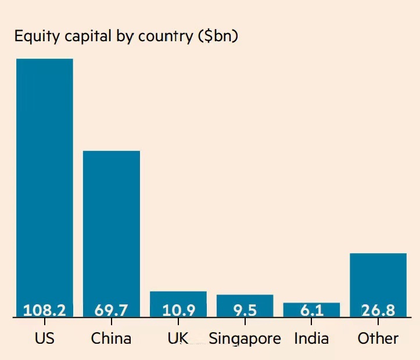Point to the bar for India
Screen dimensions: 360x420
pos(311,306)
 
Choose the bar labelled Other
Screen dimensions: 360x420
pos(378,279)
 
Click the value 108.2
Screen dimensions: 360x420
pos(45,310)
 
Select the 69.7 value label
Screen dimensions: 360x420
pos(112,310)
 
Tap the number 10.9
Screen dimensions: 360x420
pos(178,310)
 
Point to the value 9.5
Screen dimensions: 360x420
pos(245,310)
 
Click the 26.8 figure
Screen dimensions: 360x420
pos(378,310)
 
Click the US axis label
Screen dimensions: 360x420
pos(45,338)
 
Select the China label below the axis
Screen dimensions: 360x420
pos(112,338)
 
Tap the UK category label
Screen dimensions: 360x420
pos(178,338)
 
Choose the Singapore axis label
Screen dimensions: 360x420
pos(245,339)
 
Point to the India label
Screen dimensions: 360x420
pos(311,338)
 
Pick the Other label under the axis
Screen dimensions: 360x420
pos(378,338)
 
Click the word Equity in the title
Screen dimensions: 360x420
pos(34,37)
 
